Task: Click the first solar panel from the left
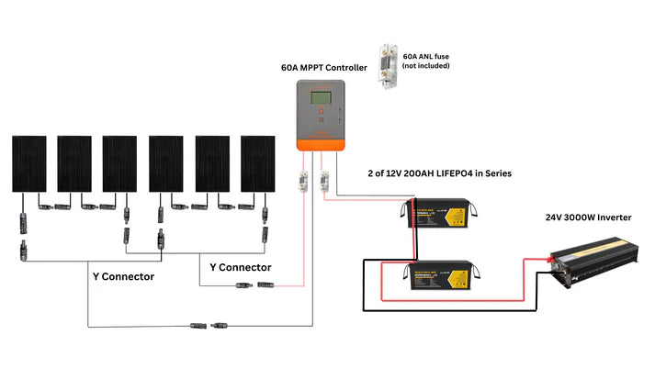tap(29, 164)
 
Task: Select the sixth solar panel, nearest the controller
tap(258, 164)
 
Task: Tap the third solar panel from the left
tap(120, 164)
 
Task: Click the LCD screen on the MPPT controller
tap(321, 98)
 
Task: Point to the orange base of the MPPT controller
tap(321, 143)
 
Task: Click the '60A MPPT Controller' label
tap(324, 67)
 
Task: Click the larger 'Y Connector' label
tap(123, 275)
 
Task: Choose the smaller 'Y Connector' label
tap(240, 267)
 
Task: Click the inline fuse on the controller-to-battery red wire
tap(323, 182)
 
